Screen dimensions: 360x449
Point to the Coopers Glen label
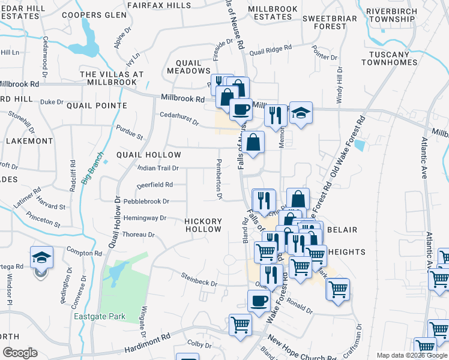coord(86,15)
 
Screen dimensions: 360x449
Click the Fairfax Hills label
coord(160,5)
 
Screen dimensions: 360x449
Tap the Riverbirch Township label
coord(399,15)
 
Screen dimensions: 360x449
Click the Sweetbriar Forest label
coord(329,22)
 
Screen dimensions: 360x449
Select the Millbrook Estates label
coord(270,13)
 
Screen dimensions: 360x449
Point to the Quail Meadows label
coord(192,67)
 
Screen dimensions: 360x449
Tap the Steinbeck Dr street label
coord(199,279)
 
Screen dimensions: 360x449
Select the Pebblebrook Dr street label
coord(146,201)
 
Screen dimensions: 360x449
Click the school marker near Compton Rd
coord(41,258)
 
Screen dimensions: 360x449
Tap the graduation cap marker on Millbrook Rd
coord(301,113)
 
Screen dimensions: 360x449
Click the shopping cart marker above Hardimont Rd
coord(241,326)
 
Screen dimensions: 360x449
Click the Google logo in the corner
coord(20,353)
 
